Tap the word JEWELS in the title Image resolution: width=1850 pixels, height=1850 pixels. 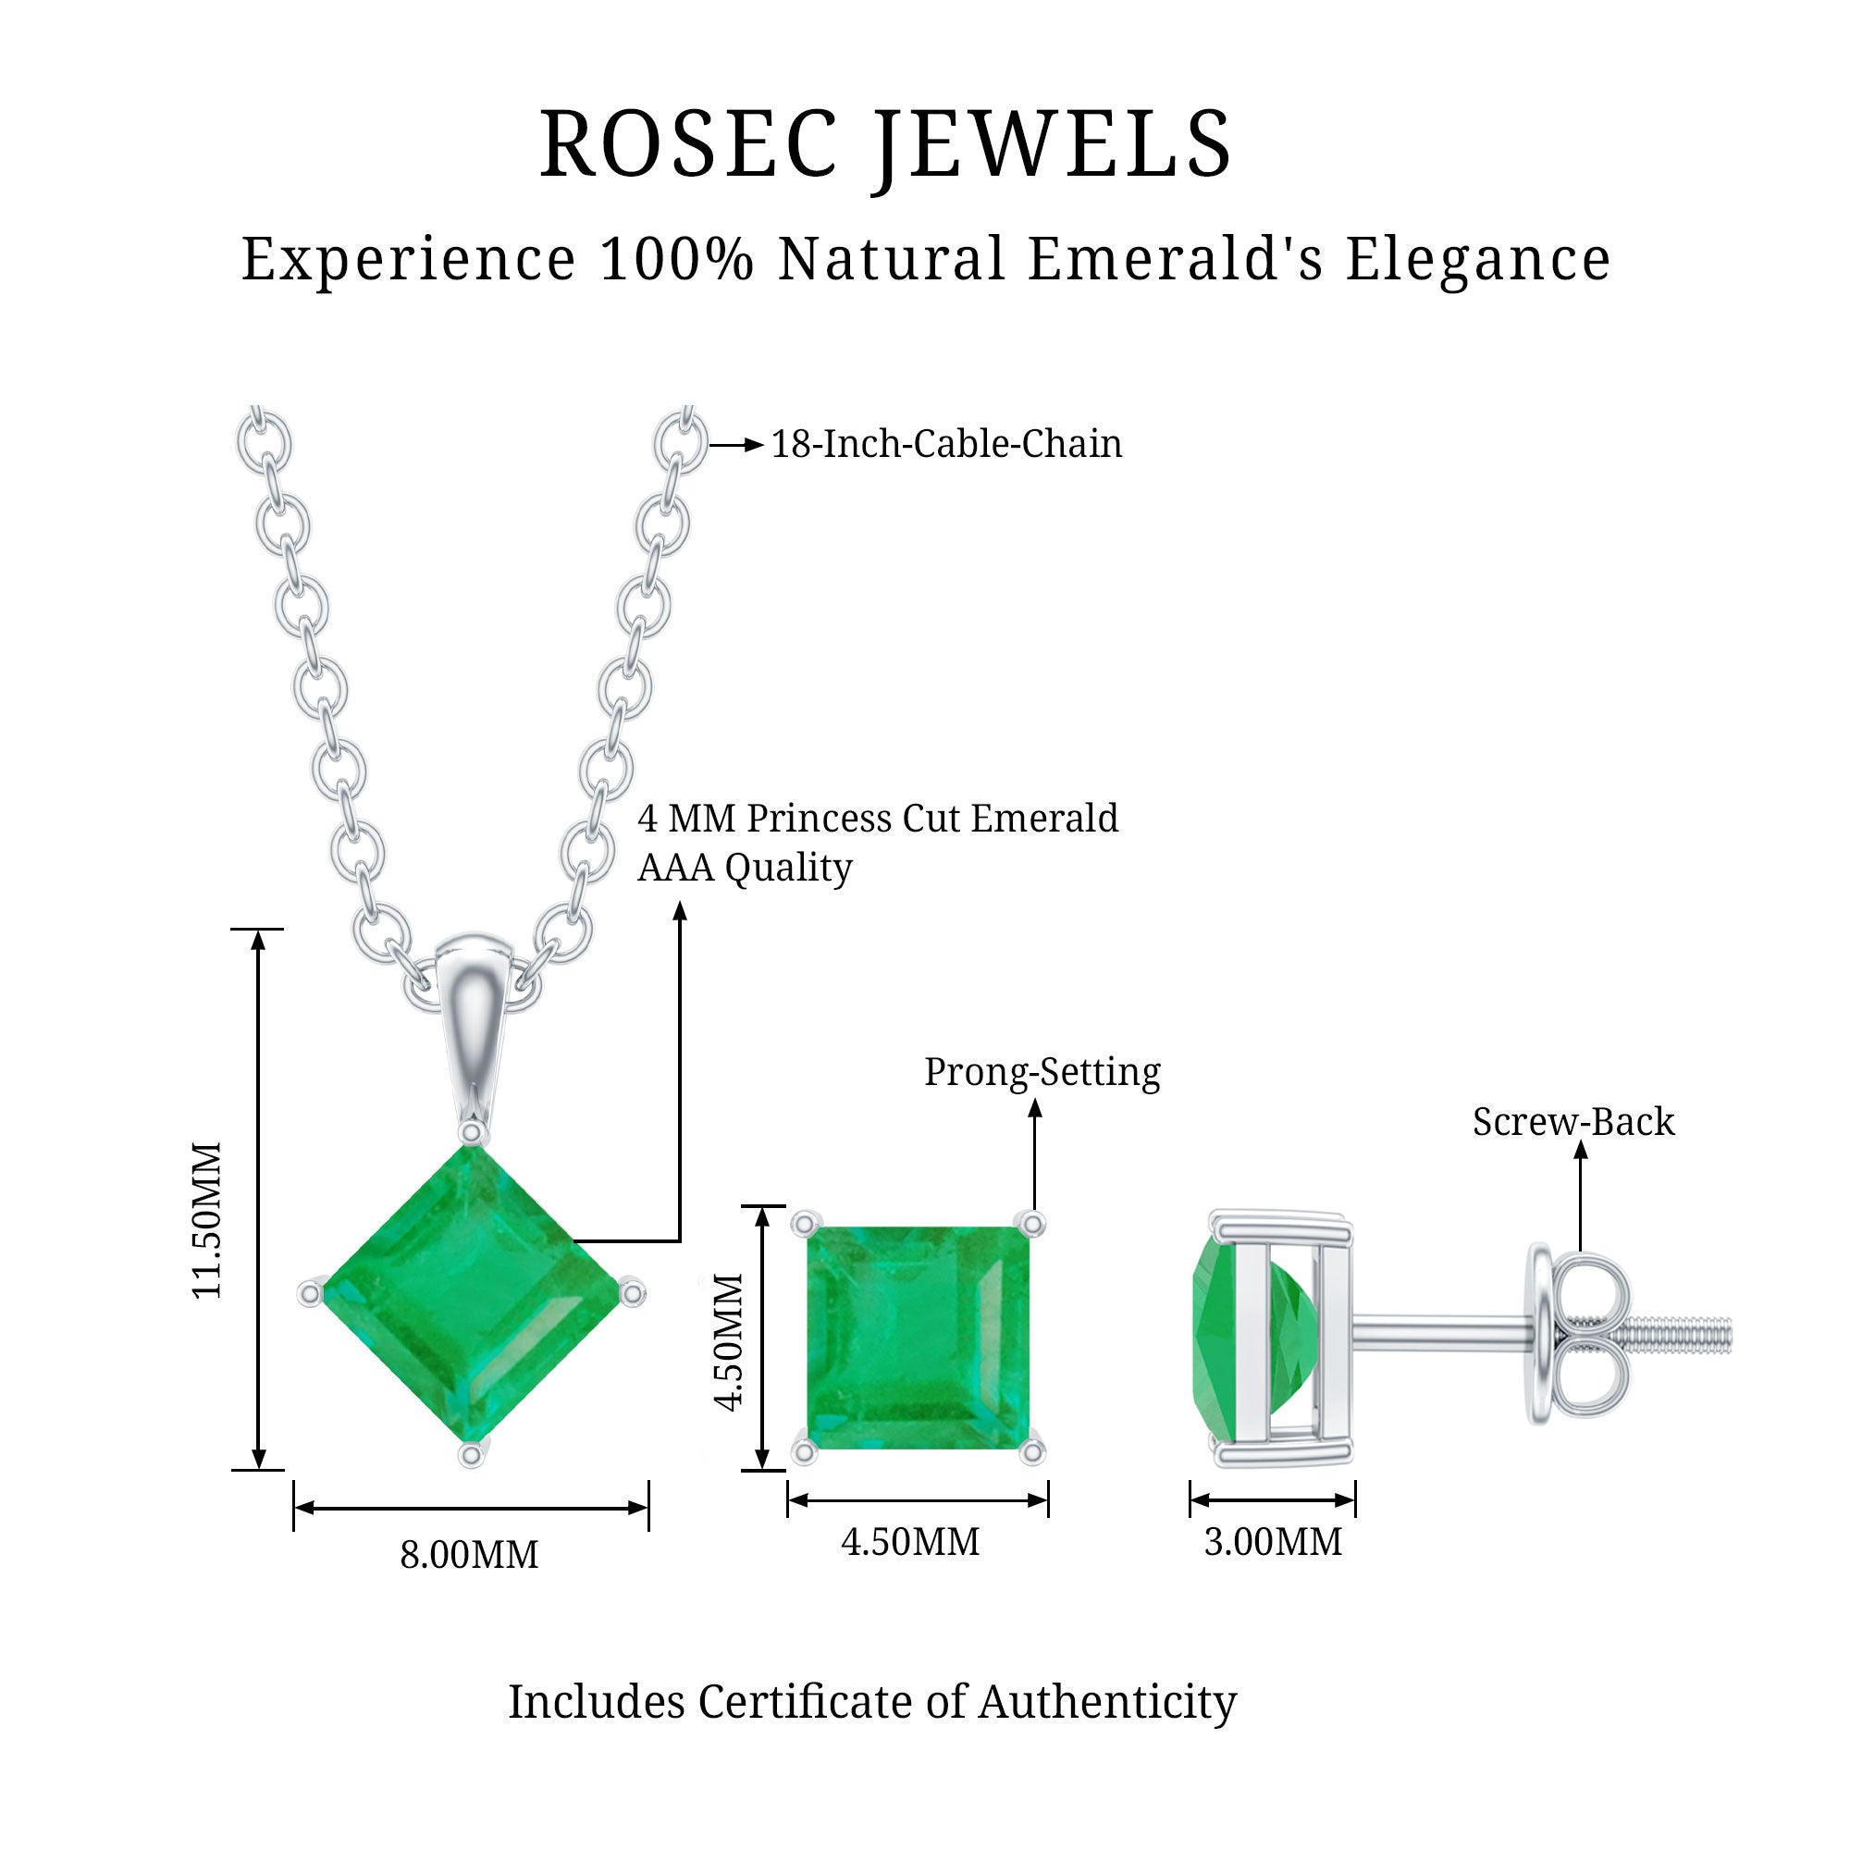pyautogui.click(x=1054, y=145)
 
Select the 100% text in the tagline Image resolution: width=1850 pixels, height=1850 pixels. pyautogui.click(x=676, y=260)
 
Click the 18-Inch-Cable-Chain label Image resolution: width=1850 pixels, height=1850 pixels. pyautogui.click(x=946, y=444)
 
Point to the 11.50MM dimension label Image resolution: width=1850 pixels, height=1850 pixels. pyautogui.click(x=208, y=1220)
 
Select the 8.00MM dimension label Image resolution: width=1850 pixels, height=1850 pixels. pyautogui.click(x=469, y=1554)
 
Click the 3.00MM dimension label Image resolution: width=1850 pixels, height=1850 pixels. pyautogui.click(x=1273, y=1543)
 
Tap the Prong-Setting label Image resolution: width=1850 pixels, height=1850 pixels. pyautogui.click(x=1042, y=1072)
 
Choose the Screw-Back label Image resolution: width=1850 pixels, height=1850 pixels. pyautogui.click(x=1573, y=1122)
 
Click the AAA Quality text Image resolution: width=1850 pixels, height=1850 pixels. pyautogui.click(x=745, y=869)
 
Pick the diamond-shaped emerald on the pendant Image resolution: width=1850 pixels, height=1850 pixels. pyautogui.click(x=471, y=1294)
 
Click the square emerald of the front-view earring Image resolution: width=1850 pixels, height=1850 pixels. pyautogui.click(x=919, y=1338)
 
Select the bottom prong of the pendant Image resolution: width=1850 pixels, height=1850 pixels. pyautogui.click(x=470, y=1454)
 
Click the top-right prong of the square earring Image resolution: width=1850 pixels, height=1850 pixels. pyautogui.click(x=1032, y=1224)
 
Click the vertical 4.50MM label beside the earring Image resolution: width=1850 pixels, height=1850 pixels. pyautogui.click(x=730, y=1341)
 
